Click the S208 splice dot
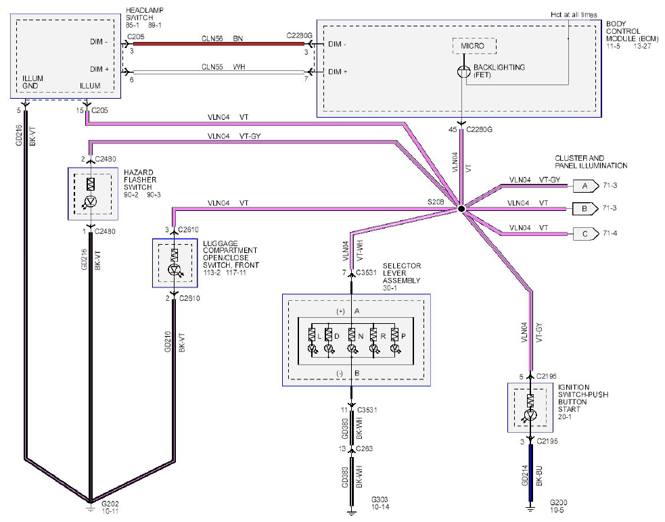[x=462, y=209]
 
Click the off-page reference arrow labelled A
[x=586, y=186]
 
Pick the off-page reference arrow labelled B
[x=586, y=209]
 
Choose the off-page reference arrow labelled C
[x=586, y=234]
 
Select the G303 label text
[x=380, y=500]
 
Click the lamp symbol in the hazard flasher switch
[x=89, y=201]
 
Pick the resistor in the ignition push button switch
[x=530, y=401]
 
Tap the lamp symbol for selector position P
[x=395, y=349]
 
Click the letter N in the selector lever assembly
[x=361, y=336]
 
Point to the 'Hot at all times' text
[x=574, y=15]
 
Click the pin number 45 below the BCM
[x=453, y=129]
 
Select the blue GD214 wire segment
[x=530, y=473]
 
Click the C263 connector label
[x=365, y=449]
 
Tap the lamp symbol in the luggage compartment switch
[x=175, y=270]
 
